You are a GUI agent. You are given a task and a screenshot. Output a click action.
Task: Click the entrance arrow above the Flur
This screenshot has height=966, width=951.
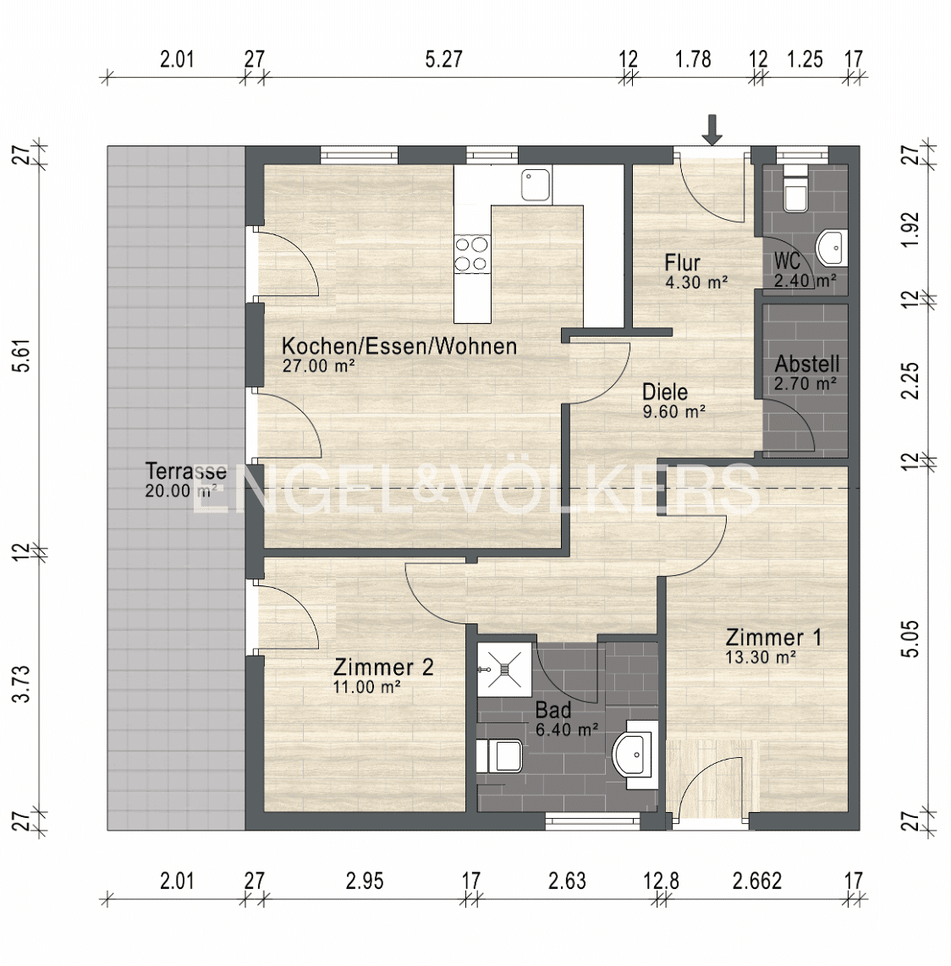pyautogui.click(x=712, y=130)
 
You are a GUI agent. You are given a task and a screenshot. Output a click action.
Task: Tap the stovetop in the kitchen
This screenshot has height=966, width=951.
pyautogui.click(x=472, y=254)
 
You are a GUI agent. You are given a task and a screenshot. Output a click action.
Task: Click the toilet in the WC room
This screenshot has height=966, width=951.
pyautogui.click(x=795, y=189)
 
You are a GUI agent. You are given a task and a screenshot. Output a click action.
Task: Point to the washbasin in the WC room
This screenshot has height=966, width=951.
pyautogui.click(x=832, y=249)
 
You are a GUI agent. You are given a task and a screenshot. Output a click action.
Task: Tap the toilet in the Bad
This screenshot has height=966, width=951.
pyautogui.click(x=500, y=756)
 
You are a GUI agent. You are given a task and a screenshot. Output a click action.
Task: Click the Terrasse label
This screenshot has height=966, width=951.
pyautogui.click(x=186, y=472)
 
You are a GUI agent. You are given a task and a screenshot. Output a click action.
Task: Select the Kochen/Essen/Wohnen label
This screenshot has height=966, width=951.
pyautogui.click(x=399, y=346)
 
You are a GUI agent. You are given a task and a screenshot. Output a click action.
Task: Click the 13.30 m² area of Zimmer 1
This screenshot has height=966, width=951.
pyautogui.click(x=761, y=657)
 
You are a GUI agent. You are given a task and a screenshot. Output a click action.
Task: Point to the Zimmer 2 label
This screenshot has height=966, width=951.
pyautogui.click(x=383, y=667)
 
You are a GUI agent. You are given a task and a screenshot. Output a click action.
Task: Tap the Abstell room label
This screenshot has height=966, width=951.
pyautogui.click(x=807, y=364)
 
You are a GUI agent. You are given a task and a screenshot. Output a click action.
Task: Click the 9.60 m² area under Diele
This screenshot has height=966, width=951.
pyautogui.click(x=673, y=412)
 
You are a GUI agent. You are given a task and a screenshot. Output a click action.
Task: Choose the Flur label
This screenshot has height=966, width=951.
pyautogui.click(x=682, y=263)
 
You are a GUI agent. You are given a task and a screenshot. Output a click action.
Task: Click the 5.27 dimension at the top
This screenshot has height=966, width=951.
pyautogui.click(x=443, y=59)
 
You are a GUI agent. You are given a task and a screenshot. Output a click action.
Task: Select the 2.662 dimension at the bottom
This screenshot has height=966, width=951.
pyautogui.click(x=757, y=881)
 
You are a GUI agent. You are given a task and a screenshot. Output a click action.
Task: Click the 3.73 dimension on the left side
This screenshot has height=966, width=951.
pyautogui.click(x=23, y=683)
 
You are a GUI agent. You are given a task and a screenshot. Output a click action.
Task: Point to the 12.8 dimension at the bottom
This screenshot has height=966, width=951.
pyautogui.click(x=662, y=881)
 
